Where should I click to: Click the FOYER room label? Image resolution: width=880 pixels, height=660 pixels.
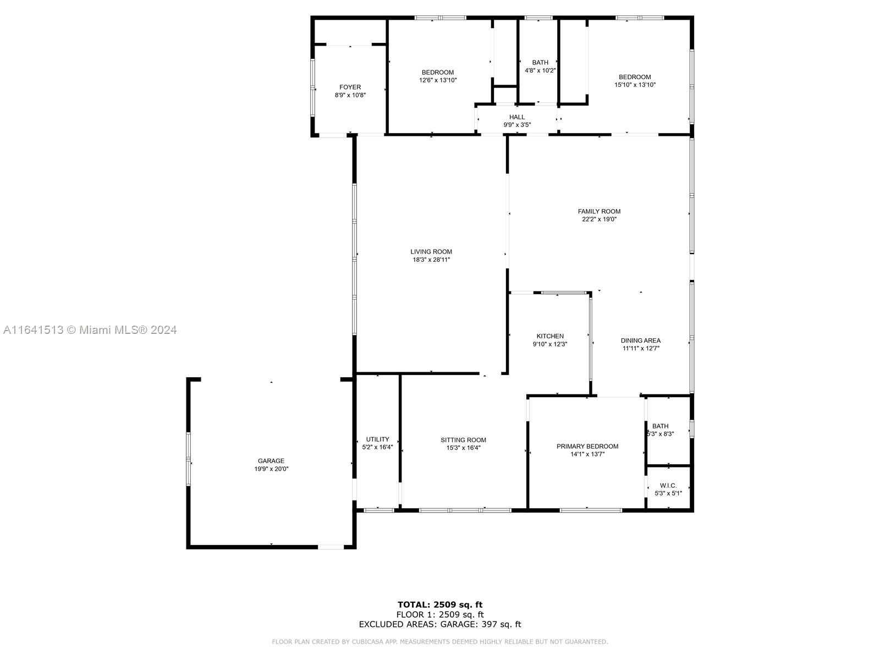pyautogui.click(x=350, y=87)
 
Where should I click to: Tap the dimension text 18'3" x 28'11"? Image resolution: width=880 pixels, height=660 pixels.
pyautogui.click(x=431, y=260)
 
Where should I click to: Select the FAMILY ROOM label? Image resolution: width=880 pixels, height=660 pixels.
pyautogui.click(x=599, y=211)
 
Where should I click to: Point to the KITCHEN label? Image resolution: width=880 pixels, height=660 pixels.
pyautogui.click(x=550, y=336)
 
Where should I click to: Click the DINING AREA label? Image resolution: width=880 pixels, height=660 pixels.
pyautogui.click(x=641, y=340)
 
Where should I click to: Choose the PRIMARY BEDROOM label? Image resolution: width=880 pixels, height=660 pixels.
pyautogui.click(x=587, y=447)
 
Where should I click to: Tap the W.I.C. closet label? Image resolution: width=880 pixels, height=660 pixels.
pyautogui.click(x=668, y=486)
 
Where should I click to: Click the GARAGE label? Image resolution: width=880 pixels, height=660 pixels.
pyautogui.click(x=271, y=461)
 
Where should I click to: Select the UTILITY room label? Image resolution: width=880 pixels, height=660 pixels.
pyautogui.click(x=377, y=439)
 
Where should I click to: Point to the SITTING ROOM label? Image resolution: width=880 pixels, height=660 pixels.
pyautogui.click(x=464, y=440)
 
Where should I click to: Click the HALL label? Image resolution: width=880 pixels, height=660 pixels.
pyautogui.click(x=517, y=117)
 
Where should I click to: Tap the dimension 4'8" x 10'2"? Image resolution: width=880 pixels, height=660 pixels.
pyautogui.click(x=540, y=70)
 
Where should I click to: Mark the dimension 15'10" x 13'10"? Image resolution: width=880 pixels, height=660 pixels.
pyautogui.click(x=635, y=85)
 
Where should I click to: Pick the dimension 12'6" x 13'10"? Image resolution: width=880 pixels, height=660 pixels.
pyautogui.click(x=438, y=80)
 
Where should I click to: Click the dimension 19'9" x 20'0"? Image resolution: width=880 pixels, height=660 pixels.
pyautogui.click(x=271, y=469)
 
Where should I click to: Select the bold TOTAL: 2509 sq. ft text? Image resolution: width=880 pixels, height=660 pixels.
pyautogui.click(x=440, y=604)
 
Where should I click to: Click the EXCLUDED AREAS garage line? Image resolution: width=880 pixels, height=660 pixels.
pyautogui.click(x=440, y=624)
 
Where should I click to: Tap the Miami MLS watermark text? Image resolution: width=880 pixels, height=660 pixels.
pyautogui.click(x=90, y=330)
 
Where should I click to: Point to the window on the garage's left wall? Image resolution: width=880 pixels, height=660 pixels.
pyautogui.click(x=189, y=459)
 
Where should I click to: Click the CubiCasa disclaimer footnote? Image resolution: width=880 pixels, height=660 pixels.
pyautogui.click(x=440, y=641)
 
